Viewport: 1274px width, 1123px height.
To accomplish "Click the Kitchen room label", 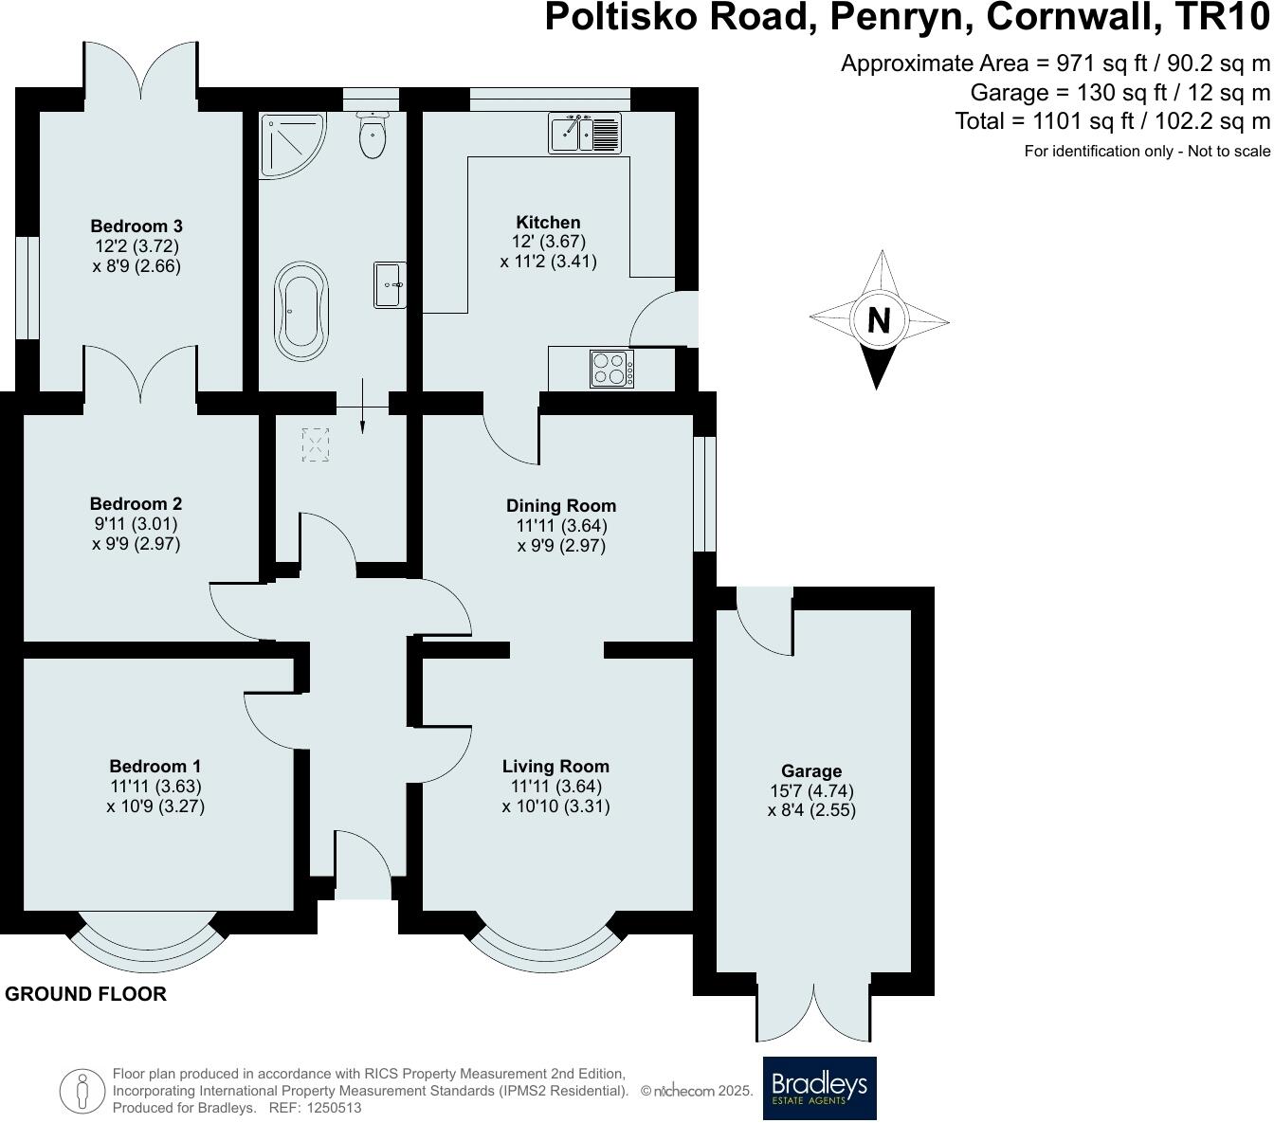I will [x=548, y=223].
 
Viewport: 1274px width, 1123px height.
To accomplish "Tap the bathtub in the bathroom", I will [x=301, y=306].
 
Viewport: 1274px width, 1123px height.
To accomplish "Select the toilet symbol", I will [x=373, y=136].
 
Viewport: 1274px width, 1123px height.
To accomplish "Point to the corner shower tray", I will [x=290, y=144].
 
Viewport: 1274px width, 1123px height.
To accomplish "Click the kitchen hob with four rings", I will [x=611, y=369].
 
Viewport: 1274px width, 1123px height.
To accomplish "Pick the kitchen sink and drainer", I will [x=583, y=133].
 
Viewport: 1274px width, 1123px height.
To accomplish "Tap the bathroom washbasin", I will [x=390, y=285].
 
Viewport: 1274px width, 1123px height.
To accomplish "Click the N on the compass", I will [x=879, y=320].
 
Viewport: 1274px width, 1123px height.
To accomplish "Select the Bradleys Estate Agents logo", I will [x=820, y=1088].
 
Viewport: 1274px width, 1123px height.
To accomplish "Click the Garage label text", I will [x=811, y=771].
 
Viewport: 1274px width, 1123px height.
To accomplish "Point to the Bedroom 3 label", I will [x=136, y=226].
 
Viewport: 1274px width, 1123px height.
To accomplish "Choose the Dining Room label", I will [x=561, y=505].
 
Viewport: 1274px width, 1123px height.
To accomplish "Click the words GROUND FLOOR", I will [x=86, y=994].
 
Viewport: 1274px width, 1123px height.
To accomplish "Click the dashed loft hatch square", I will [x=315, y=444].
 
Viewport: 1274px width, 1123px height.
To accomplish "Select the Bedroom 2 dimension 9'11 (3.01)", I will [x=136, y=524].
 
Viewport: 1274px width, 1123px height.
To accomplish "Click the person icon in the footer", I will [x=82, y=1091].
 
